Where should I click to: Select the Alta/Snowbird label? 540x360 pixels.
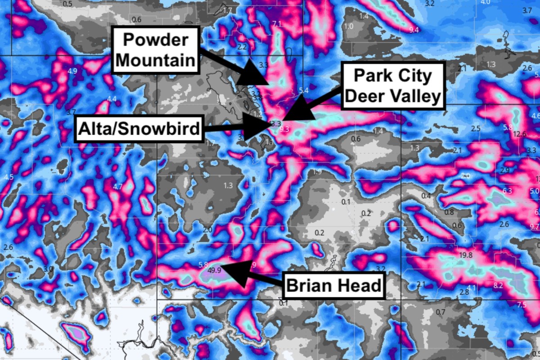(139, 129)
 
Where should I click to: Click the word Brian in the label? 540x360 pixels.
(310, 285)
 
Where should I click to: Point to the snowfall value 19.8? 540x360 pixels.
(465, 256)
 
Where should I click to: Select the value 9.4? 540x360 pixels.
(414, 30)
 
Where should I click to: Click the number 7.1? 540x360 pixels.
(277, 24)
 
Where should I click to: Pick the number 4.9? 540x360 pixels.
(72, 71)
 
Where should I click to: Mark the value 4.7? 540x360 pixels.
(118, 186)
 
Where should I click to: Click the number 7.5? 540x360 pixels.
(521, 305)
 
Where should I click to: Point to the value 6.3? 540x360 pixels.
(507, 191)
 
